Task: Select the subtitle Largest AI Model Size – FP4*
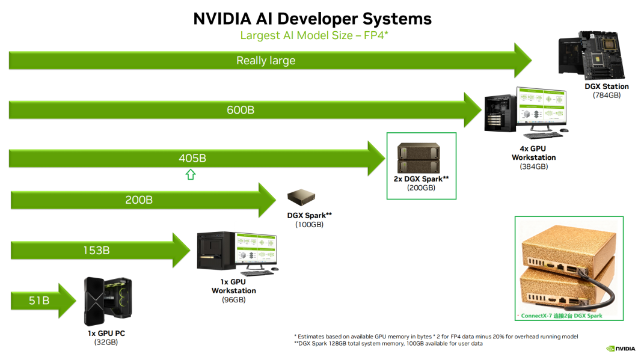(x=314, y=35)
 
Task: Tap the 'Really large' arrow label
(x=266, y=60)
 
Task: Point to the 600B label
(x=240, y=110)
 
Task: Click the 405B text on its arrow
(x=192, y=159)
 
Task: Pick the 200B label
(x=139, y=200)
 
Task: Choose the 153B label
(x=96, y=249)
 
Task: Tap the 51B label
(x=39, y=300)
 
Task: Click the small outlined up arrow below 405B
(x=191, y=175)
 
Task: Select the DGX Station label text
(x=606, y=87)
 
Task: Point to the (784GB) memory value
(x=606, y=95)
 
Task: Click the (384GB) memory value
(x=533, y=166)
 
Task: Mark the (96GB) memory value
(x=233, y=299)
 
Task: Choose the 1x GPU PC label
(x=106, y=334)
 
